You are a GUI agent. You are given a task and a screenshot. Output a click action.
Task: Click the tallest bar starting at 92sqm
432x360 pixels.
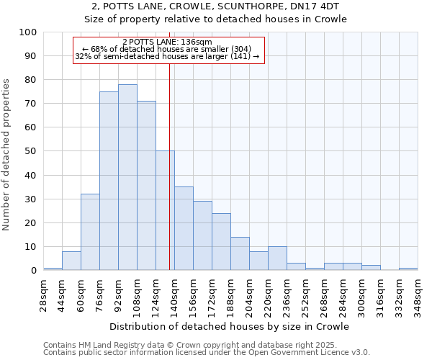[127, 177]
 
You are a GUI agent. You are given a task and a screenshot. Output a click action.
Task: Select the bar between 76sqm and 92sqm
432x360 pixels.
[109, 181]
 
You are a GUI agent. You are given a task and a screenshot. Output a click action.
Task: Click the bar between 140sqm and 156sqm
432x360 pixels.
[184, 228]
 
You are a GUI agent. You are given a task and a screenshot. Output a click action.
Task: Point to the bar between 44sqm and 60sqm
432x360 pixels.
[71, 261]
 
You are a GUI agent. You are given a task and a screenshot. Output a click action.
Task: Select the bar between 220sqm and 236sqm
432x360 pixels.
[277, 258]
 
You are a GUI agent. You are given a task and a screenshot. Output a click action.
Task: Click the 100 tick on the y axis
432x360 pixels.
[29, 32]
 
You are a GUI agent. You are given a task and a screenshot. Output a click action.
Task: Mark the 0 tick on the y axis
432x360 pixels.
[34, 271]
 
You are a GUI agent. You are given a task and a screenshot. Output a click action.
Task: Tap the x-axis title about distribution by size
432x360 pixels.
[229, 326]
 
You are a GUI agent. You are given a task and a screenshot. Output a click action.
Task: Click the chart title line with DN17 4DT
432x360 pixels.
[216, 6]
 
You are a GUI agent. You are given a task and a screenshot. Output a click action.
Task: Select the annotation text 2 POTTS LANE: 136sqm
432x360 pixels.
[167, 42]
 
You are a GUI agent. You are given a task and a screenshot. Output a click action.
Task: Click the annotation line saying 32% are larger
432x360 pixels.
[167, 56]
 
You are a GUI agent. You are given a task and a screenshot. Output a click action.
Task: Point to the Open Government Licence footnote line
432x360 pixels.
[207, 353]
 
